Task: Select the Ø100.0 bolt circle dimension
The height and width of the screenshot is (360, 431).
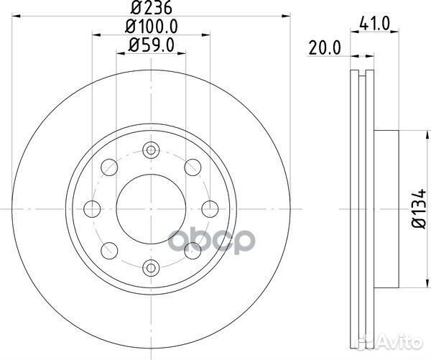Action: coord(150,29)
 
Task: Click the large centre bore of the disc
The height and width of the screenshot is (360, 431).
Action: coord(150,209)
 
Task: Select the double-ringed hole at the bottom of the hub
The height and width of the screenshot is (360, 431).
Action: coord(150,268)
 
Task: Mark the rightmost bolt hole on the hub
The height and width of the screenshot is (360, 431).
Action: coord(209,209)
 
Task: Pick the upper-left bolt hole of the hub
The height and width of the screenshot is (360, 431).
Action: coord(109,167)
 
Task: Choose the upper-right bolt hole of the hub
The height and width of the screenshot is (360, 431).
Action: coord(192,167)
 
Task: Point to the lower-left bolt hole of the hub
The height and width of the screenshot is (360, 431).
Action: coord(109,251)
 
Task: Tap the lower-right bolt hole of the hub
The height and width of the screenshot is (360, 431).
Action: coord(192,251)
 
